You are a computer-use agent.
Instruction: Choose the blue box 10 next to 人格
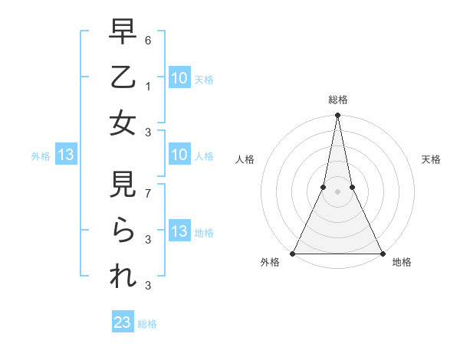point(179,155)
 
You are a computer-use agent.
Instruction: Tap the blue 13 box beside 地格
point(179,232)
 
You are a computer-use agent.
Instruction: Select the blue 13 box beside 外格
point(66,155)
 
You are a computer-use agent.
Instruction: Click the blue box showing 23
point(123,322)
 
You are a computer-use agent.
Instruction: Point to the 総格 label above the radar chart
point(337,100)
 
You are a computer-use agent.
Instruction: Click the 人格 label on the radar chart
point(245,159)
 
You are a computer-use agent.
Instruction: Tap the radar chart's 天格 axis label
point(431,159)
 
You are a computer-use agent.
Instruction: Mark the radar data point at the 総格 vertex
point(337,116)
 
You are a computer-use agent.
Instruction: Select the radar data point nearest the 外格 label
point(293,253)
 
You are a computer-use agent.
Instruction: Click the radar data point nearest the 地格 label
point(382,253)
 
